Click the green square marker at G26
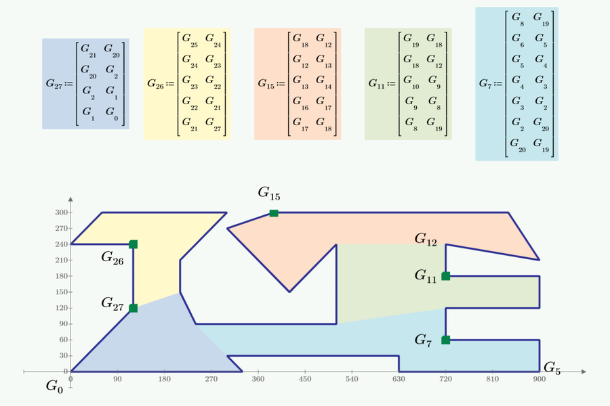click(133, 244)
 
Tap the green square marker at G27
click(133, 308)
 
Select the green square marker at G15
click(274, 213)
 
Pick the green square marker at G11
click(446, 276)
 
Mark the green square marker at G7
click(446, 340)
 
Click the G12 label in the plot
click(426, 240)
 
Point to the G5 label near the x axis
click(552, 368)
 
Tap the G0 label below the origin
click(54, 386)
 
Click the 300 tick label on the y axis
click(61, 212)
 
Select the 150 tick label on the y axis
click(61, 292)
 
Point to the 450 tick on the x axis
click(305, 379)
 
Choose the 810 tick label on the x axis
click(493, 379)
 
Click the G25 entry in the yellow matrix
click(190, 39)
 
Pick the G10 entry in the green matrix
click(411, 81)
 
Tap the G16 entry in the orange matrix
click(300, 102)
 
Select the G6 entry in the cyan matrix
click(518, 39)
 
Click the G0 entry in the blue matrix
click(112, 113)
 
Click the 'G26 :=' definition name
click(160, 84)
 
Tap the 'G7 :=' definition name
click(491, 84)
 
